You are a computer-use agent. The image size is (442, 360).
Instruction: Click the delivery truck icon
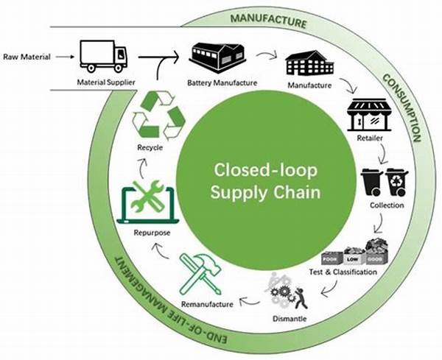click(x=103, y=54)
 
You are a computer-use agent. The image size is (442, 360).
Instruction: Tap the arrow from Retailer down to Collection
click(x=383, y=154)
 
